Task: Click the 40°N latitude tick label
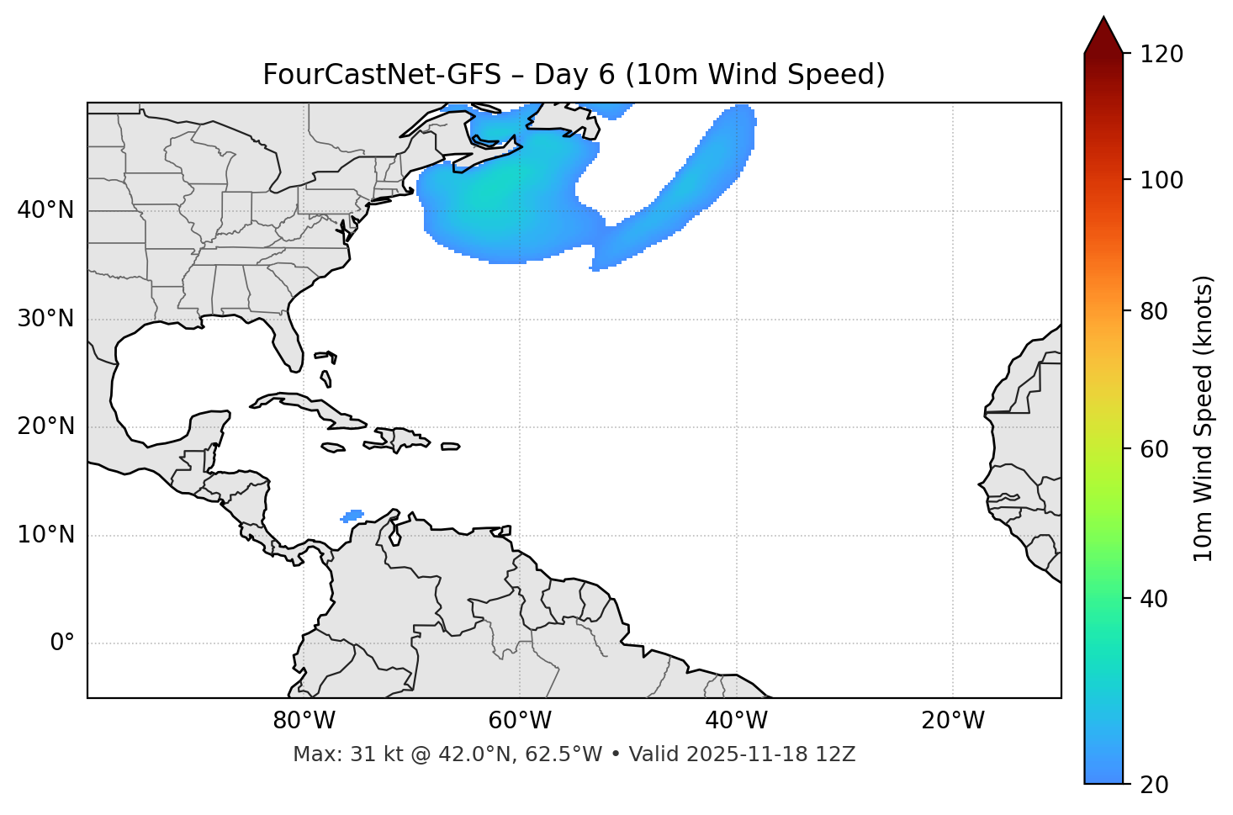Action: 45,210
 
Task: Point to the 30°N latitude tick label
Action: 45,319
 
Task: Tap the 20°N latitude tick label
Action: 45,426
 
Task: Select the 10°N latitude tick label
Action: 45,535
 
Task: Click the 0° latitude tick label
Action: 62,643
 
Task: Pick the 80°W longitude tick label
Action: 304,721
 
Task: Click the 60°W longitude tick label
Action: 520,721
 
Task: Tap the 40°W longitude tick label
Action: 736,721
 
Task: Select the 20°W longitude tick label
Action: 953,721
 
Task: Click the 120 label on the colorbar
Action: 1162,54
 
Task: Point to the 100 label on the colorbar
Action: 1162,180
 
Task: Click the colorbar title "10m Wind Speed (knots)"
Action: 1204,418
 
